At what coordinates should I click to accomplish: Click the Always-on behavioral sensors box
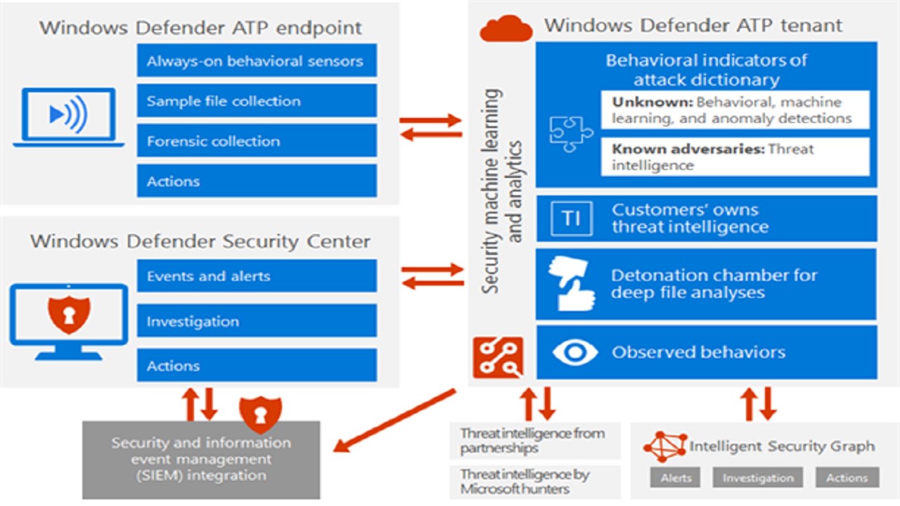point(257,61)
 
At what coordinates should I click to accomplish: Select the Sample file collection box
point(257,101)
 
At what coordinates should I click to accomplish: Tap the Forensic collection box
point(257,141)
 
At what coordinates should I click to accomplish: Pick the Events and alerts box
point(257,276)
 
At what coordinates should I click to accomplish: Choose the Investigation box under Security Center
point(257,321)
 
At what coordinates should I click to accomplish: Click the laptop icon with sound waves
point(68,117)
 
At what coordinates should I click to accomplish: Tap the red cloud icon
point(506,28)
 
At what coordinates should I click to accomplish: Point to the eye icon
point(574,352)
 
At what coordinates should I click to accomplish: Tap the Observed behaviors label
point(698,352)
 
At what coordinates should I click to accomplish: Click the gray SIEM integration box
point(201,460)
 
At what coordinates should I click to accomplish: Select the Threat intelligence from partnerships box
point(534,441)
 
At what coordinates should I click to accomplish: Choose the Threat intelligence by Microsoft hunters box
point(534,481)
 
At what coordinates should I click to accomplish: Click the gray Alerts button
point(675,478)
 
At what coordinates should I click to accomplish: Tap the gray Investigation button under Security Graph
point(757,478)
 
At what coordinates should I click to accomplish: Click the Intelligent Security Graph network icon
point(664,446)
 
